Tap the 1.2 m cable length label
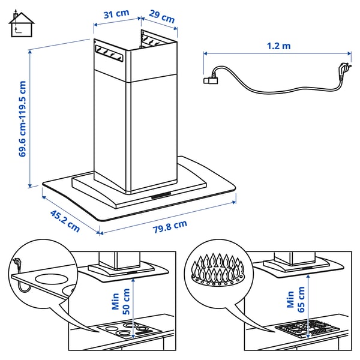pyautogui.click(x=279, y=45)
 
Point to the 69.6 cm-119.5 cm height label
pyautogui.click(x=23, y=119)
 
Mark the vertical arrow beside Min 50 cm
pyautogui.click(x=136, y=299)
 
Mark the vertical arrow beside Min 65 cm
pyautogui.click(x=309, y=300)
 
